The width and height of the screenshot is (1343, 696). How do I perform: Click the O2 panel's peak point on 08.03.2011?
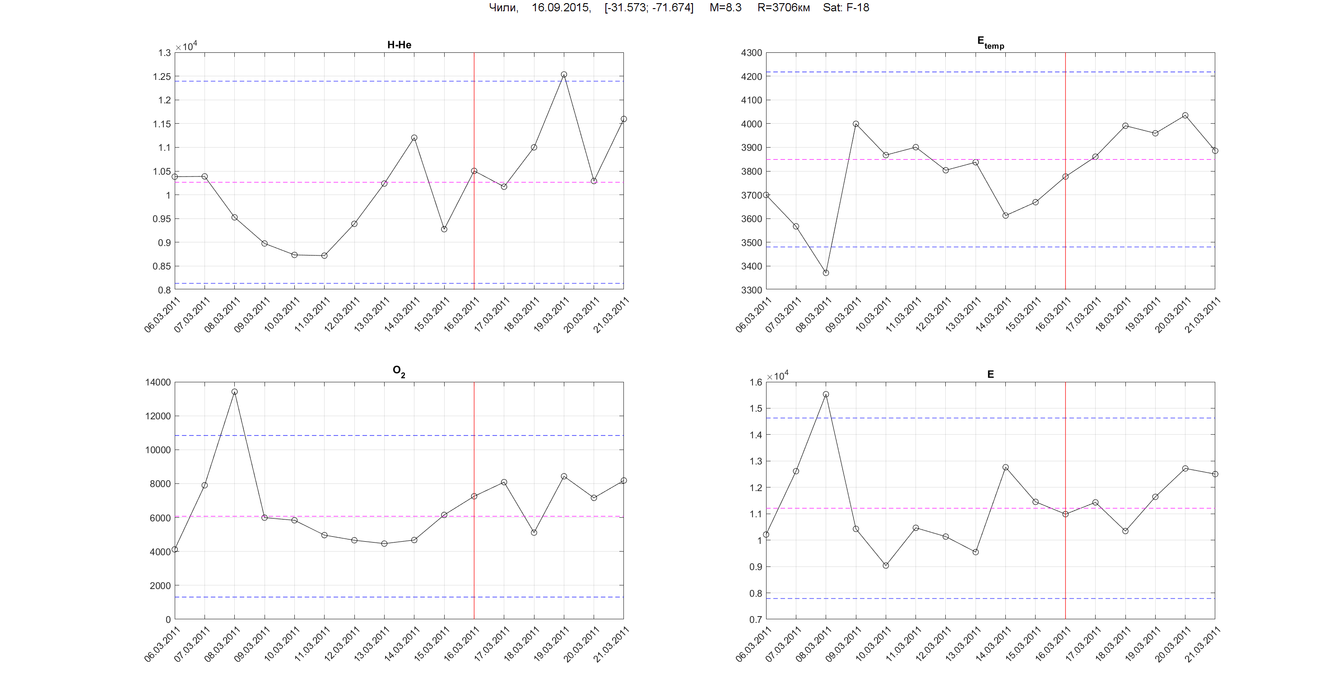coord(235,391)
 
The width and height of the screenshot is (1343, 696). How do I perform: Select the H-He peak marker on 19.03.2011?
coord(563,74)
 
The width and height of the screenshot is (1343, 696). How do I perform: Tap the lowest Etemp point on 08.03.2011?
coord(826,273)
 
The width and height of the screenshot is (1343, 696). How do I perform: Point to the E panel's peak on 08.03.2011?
coord(826,394)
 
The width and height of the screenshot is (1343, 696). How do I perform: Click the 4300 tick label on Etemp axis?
coord(751,53)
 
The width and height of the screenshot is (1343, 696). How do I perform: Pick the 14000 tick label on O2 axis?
coord(158,382)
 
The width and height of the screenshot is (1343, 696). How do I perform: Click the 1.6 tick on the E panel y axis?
coord(755,382)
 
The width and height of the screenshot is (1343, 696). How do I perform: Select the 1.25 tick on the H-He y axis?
coord(162,77)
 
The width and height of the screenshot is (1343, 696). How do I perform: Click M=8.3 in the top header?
coord(725,8)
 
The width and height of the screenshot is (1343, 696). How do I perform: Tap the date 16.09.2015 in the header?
coord(561,8)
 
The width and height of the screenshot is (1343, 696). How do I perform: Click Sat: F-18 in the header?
coord(846,8)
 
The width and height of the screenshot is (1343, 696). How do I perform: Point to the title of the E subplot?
coord(990,374)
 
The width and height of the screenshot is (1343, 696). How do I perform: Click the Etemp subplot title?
coord(990,43)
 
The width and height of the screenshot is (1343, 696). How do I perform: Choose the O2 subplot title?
coord(399,371)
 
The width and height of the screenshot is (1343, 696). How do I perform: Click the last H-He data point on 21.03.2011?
coord(623,119)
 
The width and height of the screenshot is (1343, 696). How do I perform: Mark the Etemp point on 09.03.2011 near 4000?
coord(856,124)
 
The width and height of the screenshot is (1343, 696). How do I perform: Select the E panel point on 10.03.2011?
coord(886,565)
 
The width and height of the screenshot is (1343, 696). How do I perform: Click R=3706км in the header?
coord(784,8)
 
